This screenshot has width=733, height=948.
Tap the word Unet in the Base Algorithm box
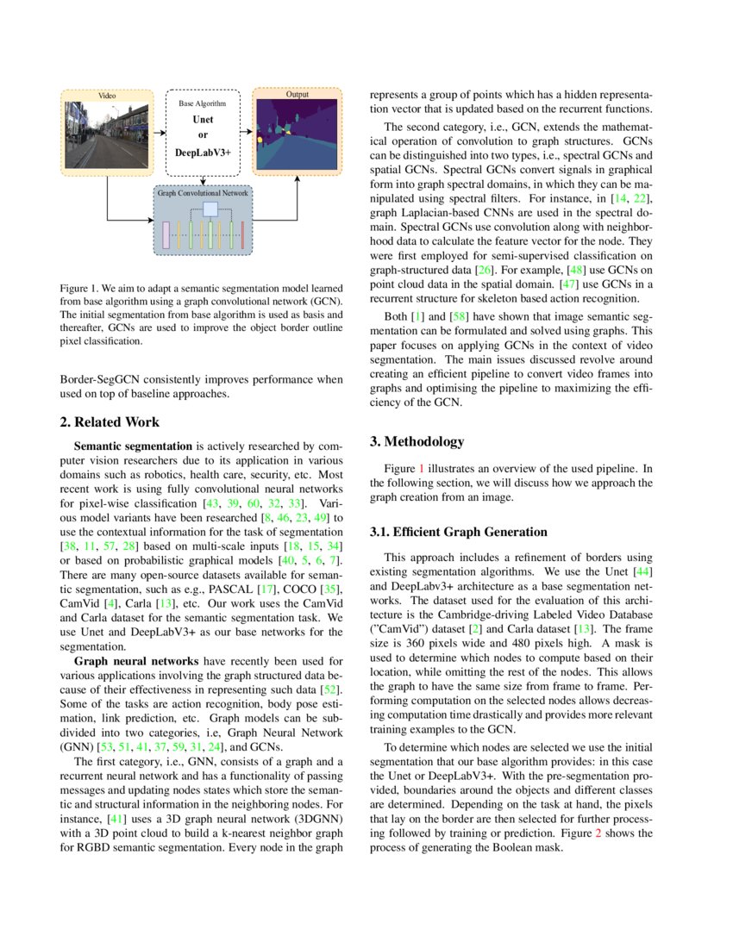tap(203, 119)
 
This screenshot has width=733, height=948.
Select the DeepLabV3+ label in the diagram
tap(203, 152)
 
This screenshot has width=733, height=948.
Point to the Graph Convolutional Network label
tap(203, 194)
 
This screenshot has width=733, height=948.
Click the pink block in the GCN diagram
tap(166, 234)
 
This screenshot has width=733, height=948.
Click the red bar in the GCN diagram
tap(243, 234)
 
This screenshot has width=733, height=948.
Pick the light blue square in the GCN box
tap(210, 209)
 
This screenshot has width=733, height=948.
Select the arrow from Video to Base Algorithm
tap(157, 133)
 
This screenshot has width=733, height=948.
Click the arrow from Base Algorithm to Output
tap(246, 133)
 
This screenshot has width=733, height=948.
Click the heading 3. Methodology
tap(417, 441)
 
